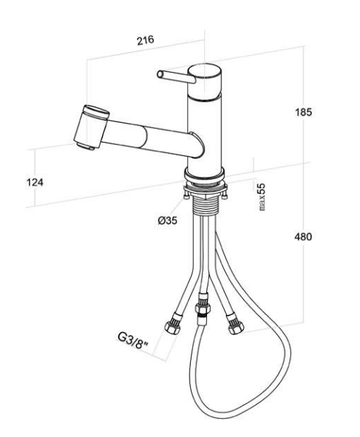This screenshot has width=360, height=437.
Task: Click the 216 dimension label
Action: pyautogui.click(x=145, y=40)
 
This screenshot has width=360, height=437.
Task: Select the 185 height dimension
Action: pyautogui.click(x=303, y=112)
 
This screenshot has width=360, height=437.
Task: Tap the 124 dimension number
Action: pyautogui.click(x=35, y=182)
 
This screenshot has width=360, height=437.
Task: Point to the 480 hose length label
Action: pyautogui.click(x=303, y=237)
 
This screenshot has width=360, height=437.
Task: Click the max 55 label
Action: pyautogui.click(x=262, y=197)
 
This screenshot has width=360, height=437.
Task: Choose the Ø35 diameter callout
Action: pyautogui.click(x=168, y=221)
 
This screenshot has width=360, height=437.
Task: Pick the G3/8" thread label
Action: pyautogui.click(x=133, y=340)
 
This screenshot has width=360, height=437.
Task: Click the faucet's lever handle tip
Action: pyautogui.click(x=160, y=74)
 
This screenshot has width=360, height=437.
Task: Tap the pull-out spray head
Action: pyautogui.click(x=91, y=127)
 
